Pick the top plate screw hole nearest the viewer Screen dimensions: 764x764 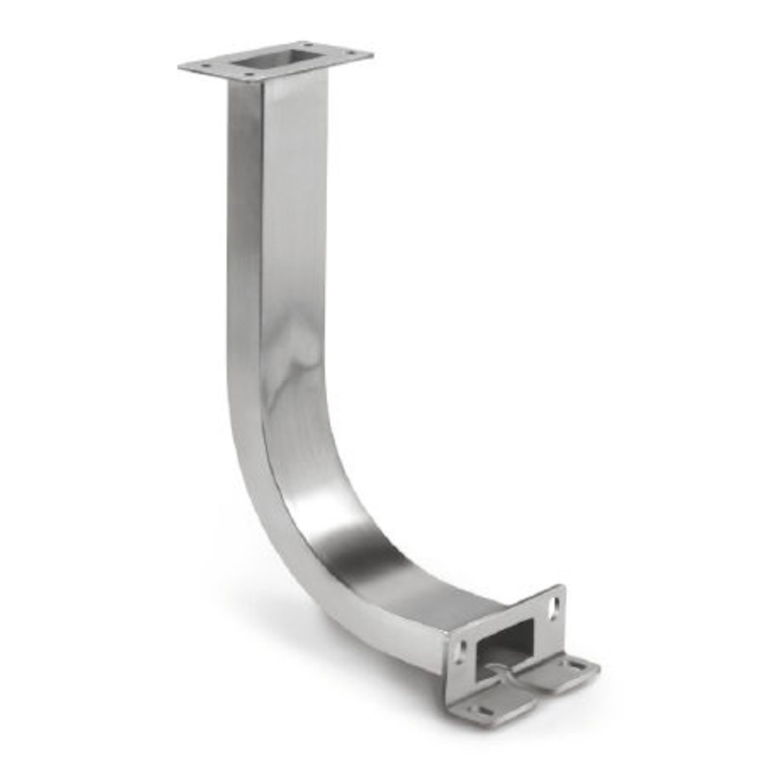pos(247,76)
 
